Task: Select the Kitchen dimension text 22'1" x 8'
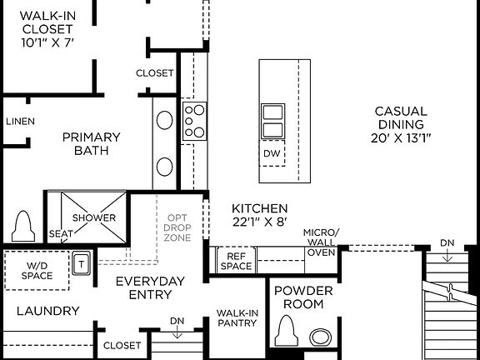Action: click(x=259, y=222)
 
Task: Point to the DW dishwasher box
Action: click(x=272, y=154)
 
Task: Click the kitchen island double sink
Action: click(x=272, y=121)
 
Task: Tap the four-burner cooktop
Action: click(x=194, y=119)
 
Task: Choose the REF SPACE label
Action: click(x=237, y=261)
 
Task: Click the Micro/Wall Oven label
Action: click(x=321, y=242)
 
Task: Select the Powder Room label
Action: click(x=303, y=297)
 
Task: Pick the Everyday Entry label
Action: click(x=150, y=287)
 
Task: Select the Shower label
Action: click(x=94, y=218)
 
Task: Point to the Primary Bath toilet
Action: click(x=23, y=226)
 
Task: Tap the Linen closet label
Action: click(x=20, y=122)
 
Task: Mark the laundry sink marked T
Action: click(x=82, y=263)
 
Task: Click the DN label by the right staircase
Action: click(x=447, y=243)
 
